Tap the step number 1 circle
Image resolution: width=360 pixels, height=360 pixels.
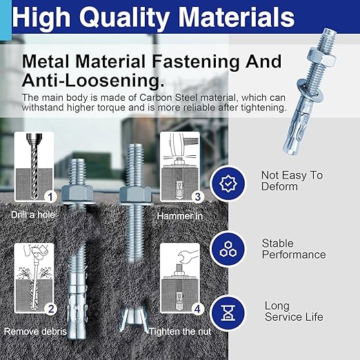coord(49,197)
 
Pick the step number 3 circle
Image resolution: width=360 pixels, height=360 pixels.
coord(197,197)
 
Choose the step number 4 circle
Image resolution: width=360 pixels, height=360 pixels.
coord(197,309)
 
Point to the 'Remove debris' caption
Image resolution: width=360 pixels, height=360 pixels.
coord(35,332)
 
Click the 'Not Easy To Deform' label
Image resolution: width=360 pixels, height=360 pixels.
coord(291,181)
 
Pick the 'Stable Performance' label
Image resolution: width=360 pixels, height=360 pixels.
coord(293,249)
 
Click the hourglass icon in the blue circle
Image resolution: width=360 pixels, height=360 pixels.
coord(228,311)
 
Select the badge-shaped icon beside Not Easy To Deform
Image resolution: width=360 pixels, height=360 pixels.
coord(228,183)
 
